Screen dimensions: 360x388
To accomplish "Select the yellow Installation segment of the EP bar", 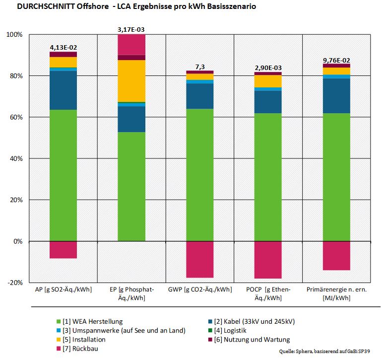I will click(131, 80).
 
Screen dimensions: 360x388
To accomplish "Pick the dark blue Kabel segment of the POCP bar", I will click(267, 102).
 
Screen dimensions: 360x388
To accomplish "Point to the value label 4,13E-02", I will click(63, 47).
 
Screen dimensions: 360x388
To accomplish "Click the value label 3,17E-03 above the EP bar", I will click(131, 30).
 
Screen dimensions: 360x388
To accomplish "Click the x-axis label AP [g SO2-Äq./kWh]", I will click(63, 289).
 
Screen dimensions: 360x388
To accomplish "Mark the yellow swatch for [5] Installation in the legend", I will click(60, 340).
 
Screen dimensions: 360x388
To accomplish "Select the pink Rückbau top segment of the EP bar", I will click(131, 44).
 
